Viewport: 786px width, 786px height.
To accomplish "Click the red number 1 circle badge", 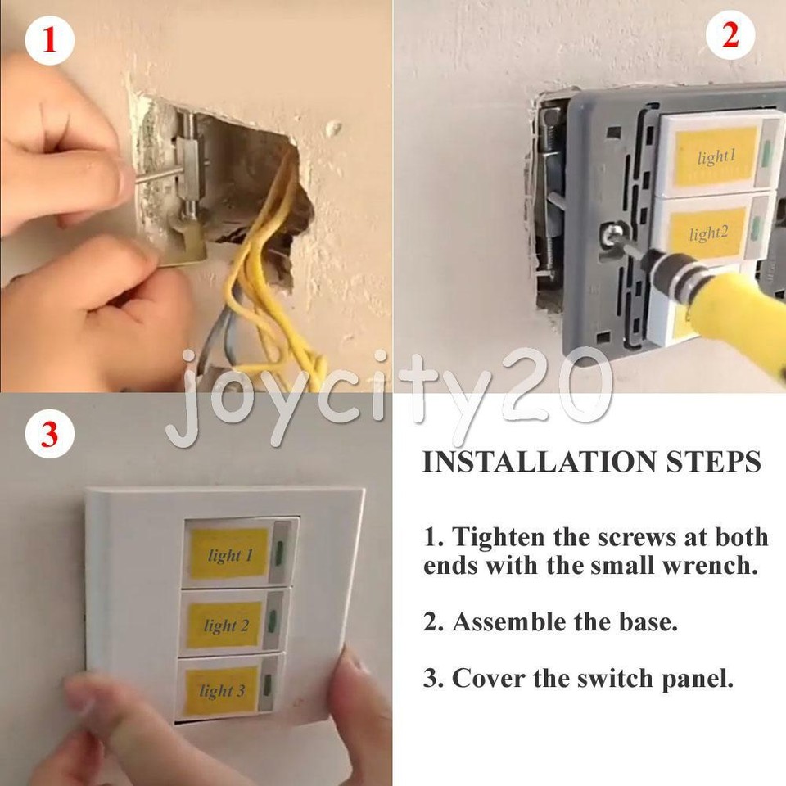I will (x=49, y=40).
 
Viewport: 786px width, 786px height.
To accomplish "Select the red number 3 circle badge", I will (x=49, y=433).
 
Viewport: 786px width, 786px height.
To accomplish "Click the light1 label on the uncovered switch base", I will (x=716, y=156).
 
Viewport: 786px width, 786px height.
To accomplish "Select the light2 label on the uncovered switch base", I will (x=708, y=233).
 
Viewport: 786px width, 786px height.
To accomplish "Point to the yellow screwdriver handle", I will (x=737, y=315).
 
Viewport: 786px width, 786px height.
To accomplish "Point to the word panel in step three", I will (x=694, y=679).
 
